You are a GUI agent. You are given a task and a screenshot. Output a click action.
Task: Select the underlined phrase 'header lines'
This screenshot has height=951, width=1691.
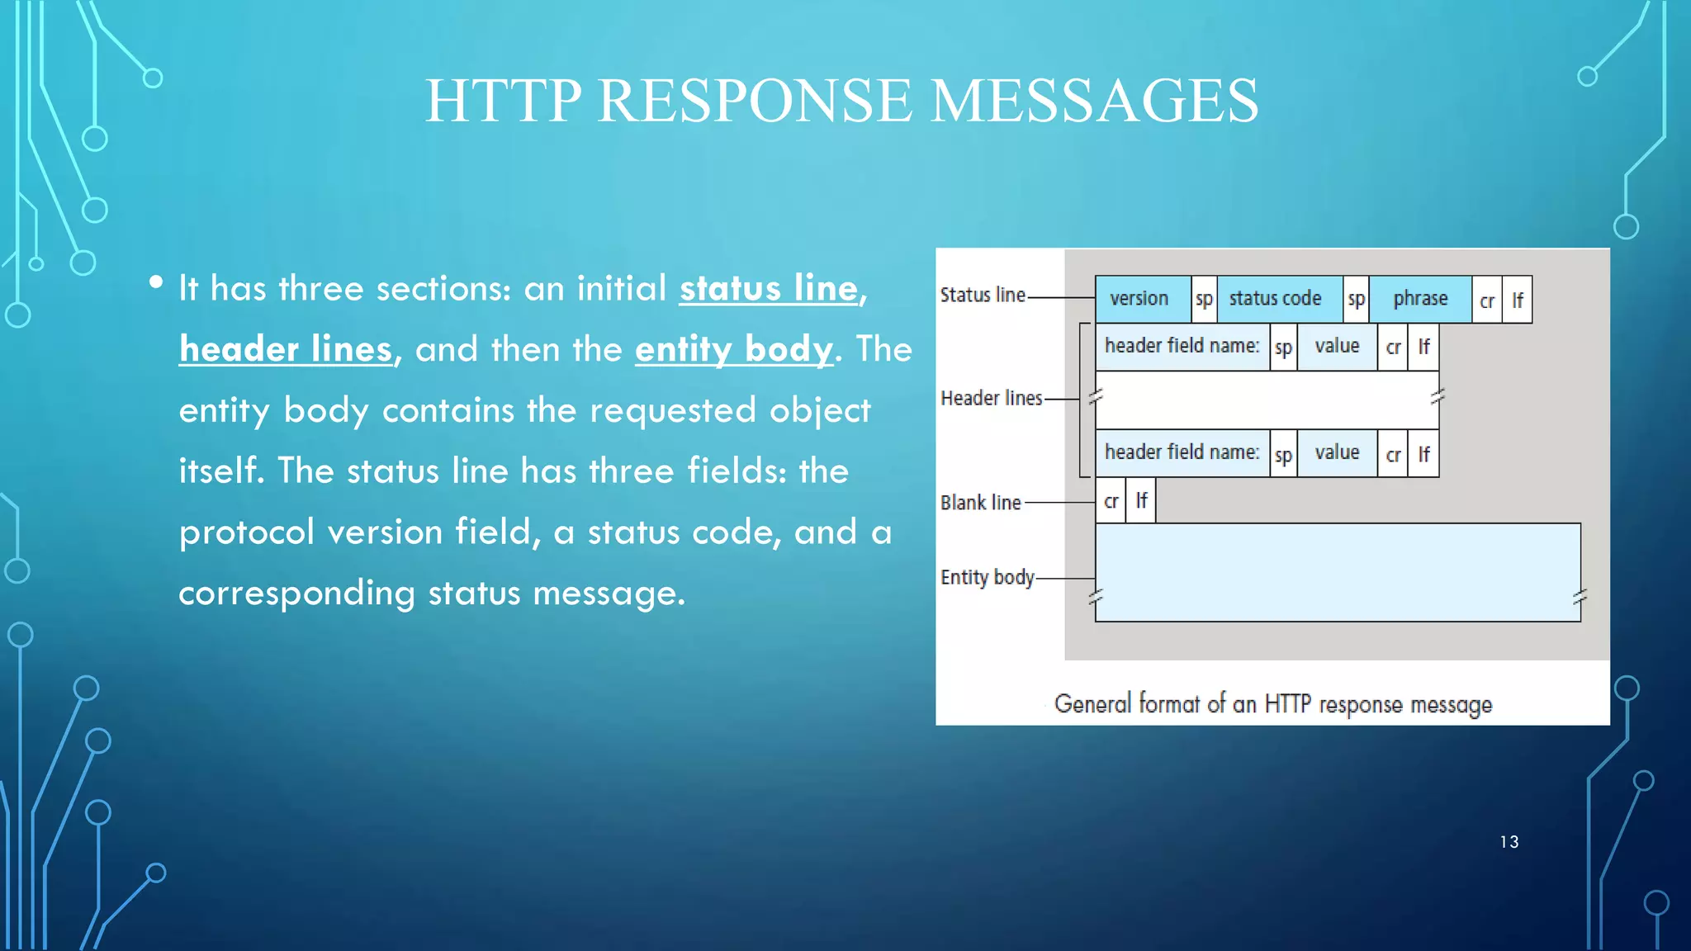click(x=286, y=349)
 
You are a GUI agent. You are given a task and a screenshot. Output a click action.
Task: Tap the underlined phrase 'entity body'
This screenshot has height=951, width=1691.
click(x=733, y=349)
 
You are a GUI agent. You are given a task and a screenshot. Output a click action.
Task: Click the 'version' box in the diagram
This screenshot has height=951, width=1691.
click(x=1139, y=299)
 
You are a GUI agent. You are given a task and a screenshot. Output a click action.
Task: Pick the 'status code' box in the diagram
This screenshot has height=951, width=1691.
click(x=1276, y=299)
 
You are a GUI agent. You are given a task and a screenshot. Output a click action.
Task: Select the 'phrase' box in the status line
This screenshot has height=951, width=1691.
click(x=1420, y=299)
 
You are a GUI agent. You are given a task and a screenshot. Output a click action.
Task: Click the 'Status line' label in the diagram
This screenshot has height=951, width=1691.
click(x=983, y=296)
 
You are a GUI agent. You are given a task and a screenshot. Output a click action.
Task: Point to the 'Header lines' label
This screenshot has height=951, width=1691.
click(x=991, y=399)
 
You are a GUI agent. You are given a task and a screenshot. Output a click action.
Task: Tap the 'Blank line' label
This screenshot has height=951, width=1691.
click(x=981, y=503)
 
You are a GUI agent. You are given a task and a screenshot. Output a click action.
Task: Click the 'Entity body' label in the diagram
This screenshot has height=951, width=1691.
click(x=987, y=577)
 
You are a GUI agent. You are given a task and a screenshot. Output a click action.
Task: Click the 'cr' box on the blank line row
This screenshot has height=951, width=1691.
click(x=1111, y=501)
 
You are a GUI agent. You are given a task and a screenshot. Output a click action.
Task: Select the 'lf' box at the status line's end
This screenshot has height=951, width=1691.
click(x=1518, y=300)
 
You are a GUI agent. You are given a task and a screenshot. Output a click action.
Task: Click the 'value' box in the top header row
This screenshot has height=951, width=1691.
click(x=1337, y=347)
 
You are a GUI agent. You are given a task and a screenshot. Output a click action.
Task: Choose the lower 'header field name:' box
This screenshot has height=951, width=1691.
click(x=1182, y=452)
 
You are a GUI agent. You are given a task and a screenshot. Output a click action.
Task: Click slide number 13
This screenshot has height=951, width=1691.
click(x=1509, y=842)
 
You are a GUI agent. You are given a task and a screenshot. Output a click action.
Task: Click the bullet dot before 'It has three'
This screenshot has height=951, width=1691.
click(x=156, y=283)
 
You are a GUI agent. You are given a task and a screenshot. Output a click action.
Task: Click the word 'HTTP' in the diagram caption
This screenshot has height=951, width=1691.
click(x=1287, y=704)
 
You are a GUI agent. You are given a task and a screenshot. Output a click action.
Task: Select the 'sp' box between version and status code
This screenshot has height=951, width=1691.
click(x=1204, y=300)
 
